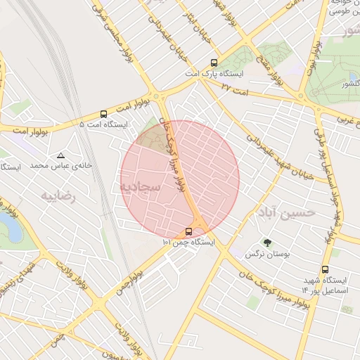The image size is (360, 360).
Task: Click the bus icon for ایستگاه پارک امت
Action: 214,63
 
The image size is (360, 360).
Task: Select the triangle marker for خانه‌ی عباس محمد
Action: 61,155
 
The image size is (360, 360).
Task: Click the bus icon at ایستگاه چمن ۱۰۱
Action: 188,231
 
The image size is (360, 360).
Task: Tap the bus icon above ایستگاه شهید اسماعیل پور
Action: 325,269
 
